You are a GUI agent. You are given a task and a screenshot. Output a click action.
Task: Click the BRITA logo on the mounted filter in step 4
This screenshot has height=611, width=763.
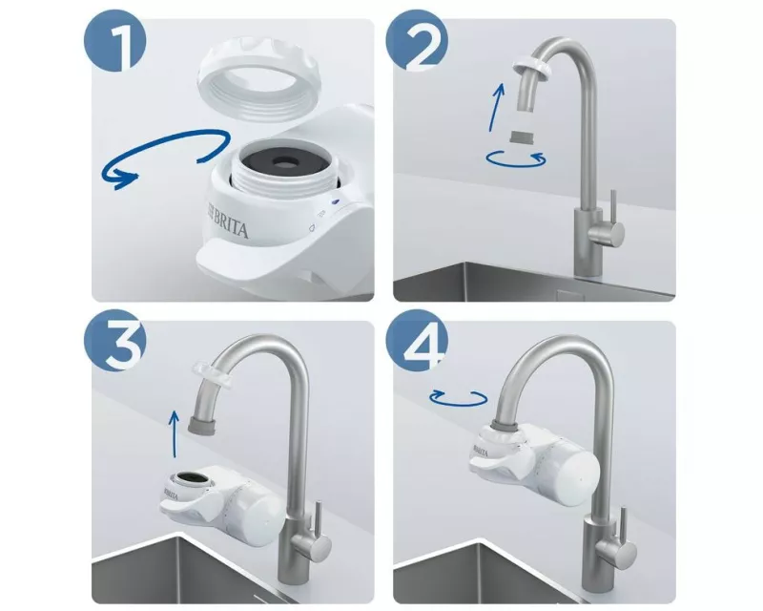pyautogui.click(x=481, y=443)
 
